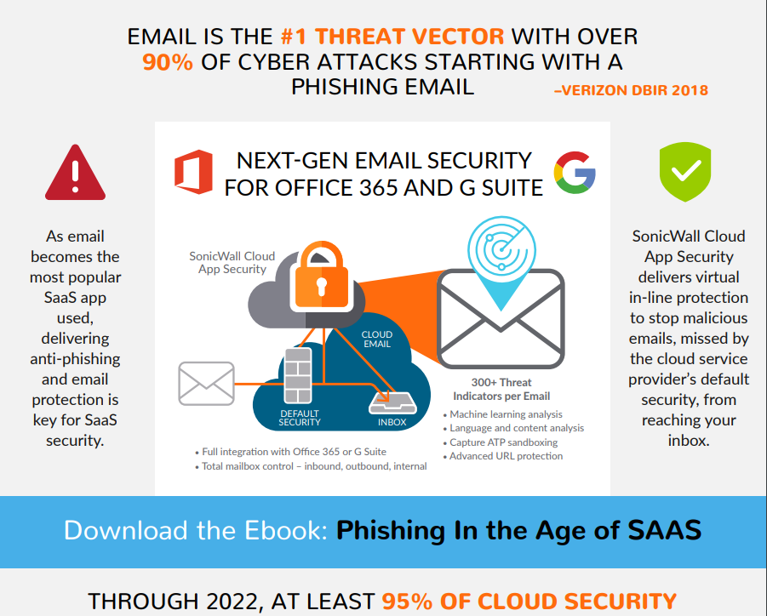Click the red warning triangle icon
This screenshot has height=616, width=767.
click(x=75, y=173)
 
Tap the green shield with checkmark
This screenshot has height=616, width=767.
click(x=685, y=172)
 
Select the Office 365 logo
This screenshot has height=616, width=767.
click(x=194, y=172)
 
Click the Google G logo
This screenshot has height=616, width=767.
click(x=575, y=172)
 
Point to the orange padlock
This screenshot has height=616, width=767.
click(x=322, y=276)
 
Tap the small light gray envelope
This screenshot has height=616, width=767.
click(x=206, y=383)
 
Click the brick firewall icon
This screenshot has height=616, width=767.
click(x=298, y=375)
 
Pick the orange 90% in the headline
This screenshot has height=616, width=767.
click(x=168, y=62)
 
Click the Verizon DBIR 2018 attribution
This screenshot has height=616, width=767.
click(x=631, y=90)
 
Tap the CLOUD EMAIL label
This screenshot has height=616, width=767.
click(x=376, y=339)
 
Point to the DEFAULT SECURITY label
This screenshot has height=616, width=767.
click(x=300, y=418)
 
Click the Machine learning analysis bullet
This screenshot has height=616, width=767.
click(x=503, y=414)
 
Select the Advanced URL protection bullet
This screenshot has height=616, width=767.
click(x=503, y=456)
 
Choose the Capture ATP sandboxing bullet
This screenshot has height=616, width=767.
click(x=501, y=442)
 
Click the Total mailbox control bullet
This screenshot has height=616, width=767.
click(x=311, y=466)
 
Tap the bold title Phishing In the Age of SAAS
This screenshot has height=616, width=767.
click(x=518, y=530)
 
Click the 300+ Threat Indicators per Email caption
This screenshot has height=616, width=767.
click(x=501, y=389)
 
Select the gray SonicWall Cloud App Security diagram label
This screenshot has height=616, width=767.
click(x=232, y=263)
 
